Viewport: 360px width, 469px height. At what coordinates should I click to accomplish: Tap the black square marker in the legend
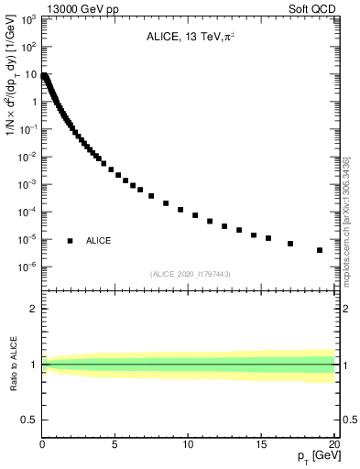pyautogui.click(x=70, y=241)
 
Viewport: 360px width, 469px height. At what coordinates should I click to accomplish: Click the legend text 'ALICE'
pyautogui.click(x=99, y=241)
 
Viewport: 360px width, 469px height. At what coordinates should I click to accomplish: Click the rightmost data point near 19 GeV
pyautogui.click(x=320, y=250)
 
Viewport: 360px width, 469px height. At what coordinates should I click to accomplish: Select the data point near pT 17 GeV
pyautogui.click(x=290, y=244)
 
